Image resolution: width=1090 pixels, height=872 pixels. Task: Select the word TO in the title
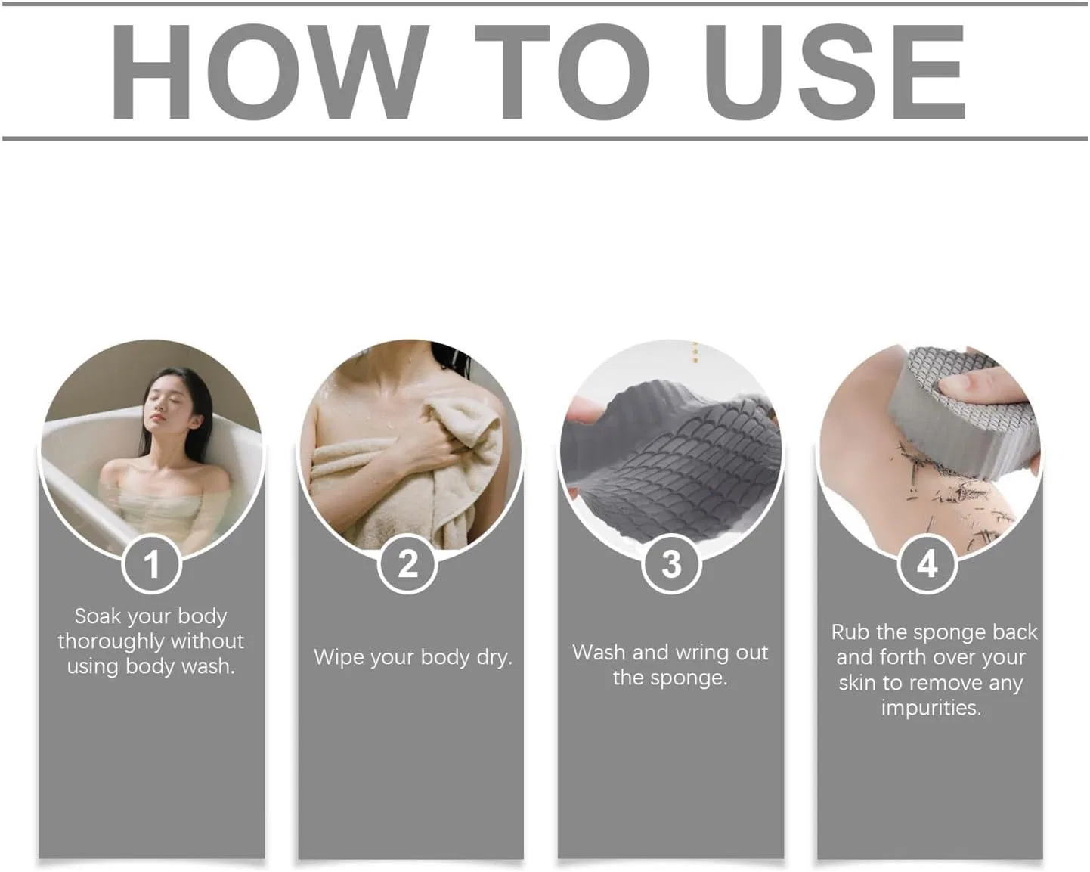pos(562,72)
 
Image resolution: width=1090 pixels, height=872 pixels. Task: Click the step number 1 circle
pos(152,563)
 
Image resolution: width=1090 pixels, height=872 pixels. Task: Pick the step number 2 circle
pos(407,563)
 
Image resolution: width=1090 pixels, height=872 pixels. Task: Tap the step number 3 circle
pos(671,563)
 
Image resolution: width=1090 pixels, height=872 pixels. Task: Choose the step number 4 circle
pos(927,563)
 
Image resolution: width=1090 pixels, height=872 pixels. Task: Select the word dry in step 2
pos(494,658)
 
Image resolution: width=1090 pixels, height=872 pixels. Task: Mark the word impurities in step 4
pos(931,708)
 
